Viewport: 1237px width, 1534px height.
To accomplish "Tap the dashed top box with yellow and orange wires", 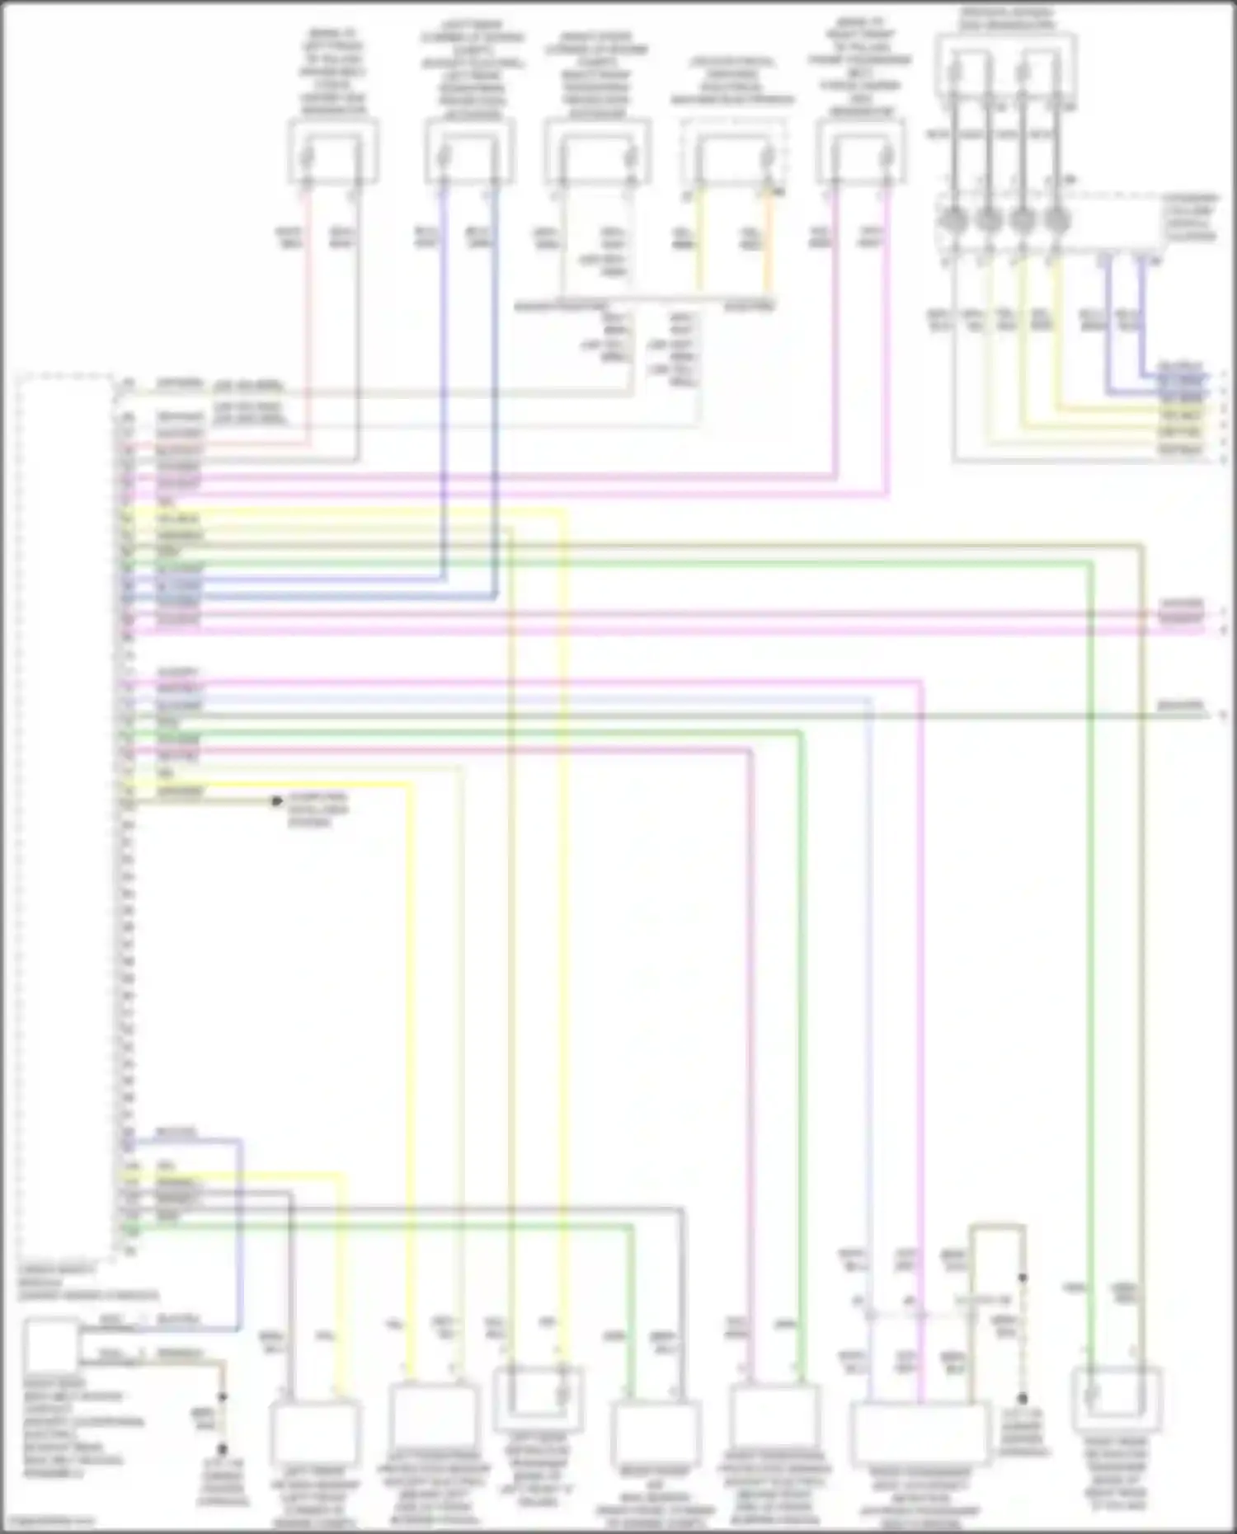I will pos(733,154).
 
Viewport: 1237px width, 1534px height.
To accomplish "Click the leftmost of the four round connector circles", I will pos(953,221).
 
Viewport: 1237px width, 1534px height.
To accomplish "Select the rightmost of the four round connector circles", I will pos(1057,221).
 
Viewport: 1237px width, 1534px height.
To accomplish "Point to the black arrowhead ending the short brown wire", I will pos(278,801).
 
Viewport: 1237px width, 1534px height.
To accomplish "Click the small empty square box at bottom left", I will pos(51,1345).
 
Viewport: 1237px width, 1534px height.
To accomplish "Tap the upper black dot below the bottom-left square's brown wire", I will pos(222,1398).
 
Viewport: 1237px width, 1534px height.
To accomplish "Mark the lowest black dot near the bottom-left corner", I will pos(222,1449).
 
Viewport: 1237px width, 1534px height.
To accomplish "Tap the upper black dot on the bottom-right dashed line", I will pos(1022,1278).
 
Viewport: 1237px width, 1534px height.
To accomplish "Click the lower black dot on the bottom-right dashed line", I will pos(1022,1399).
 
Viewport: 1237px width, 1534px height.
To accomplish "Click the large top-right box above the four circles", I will pos(1006,66).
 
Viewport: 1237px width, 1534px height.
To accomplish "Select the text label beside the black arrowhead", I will pos(317,809).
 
